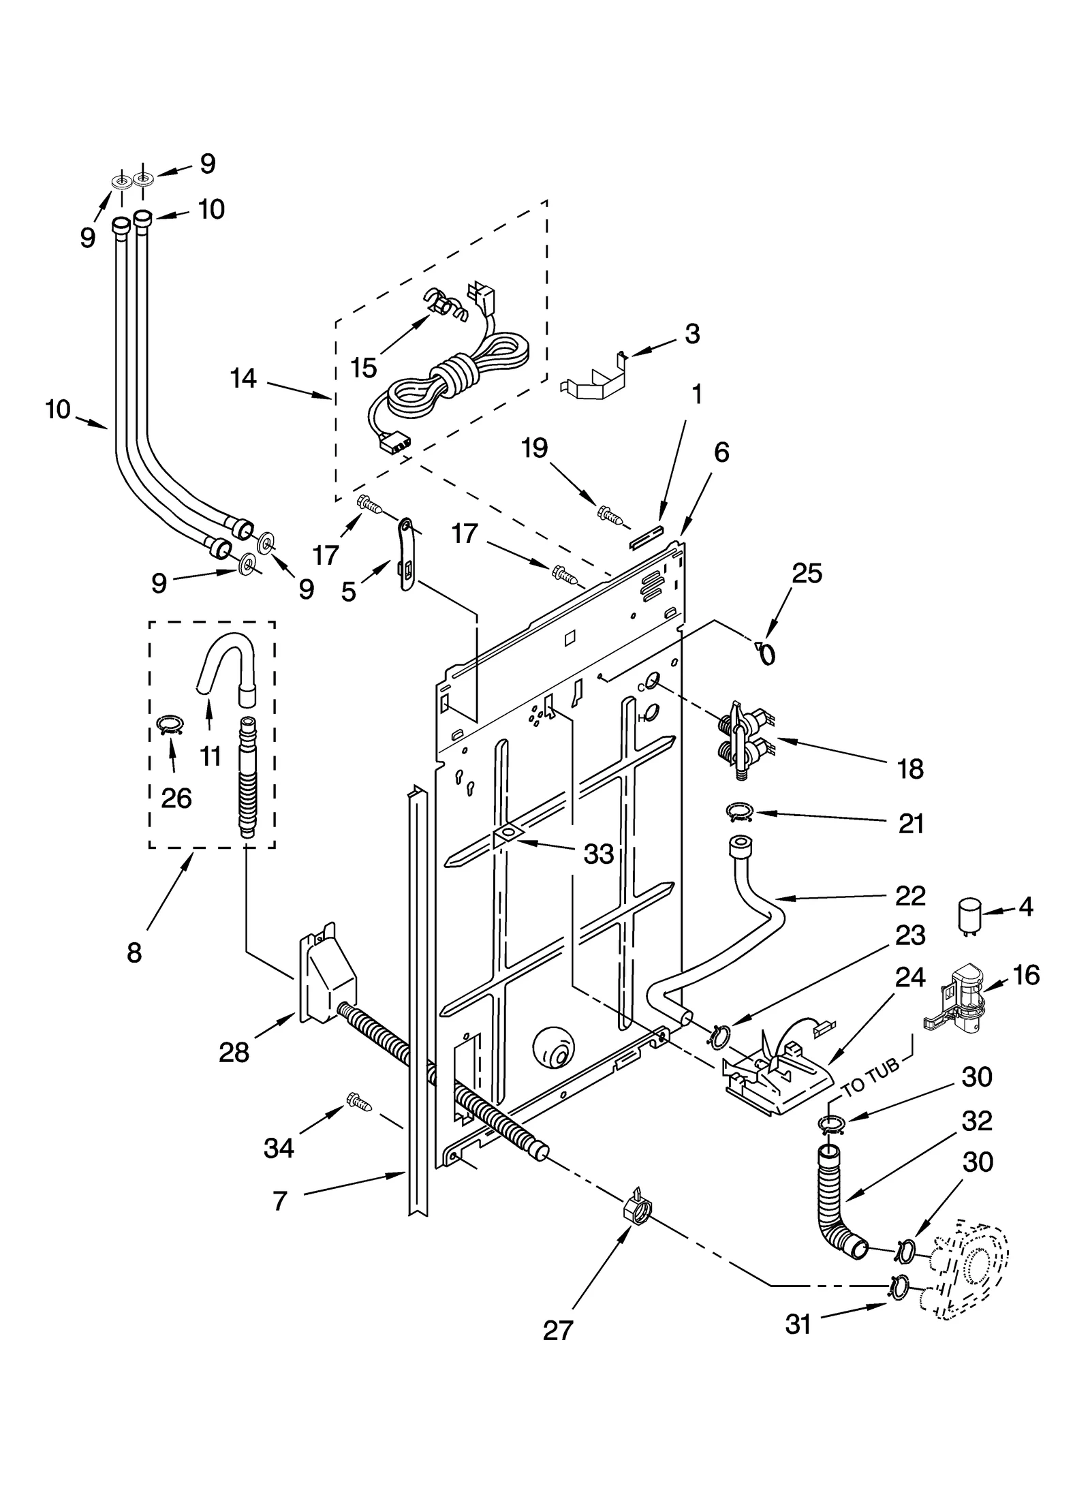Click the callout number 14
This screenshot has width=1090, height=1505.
pyautogui.click(x=243, y=378)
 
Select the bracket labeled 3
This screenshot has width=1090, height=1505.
pyautogui.click(x=591, y=379)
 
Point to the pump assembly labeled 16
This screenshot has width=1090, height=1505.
pyautogui.click(x=959, y=998)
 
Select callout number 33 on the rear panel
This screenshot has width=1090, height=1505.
pyautogui.click(x=598, y=854)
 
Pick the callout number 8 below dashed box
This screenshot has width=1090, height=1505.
pyautogui.click(x=134, y=952)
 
